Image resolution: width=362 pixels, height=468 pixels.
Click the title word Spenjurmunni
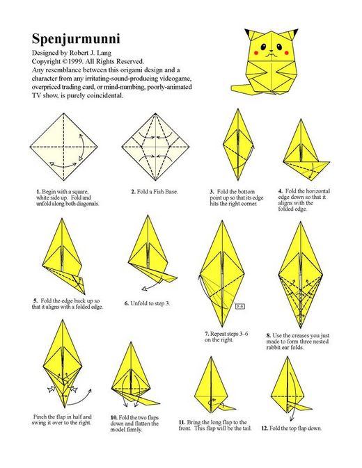[x=76, y=40]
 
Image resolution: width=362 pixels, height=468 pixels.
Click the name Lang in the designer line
[x=105, y=53]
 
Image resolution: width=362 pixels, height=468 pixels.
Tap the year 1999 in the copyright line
[x=76, y=62]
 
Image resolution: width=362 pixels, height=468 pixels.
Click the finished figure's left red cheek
[x=256, y=53]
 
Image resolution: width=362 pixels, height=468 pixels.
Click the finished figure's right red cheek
[x=286, y=53]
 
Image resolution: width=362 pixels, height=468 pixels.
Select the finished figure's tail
[x=242, y=88]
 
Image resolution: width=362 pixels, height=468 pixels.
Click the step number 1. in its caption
[x=38, y=192]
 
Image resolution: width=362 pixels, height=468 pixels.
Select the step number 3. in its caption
[x=212, y=192]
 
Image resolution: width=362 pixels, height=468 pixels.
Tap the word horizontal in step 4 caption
[x=318, y=191]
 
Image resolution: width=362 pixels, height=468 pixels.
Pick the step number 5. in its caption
[x=36, y=301]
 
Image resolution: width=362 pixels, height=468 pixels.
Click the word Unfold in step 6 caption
[x=138, y=304]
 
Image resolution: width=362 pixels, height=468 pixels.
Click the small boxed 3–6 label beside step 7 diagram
[x=240, y=306]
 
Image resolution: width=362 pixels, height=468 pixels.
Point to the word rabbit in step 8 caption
[x=274, y=348]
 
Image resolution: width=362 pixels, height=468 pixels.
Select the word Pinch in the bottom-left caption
[x=40, y=417]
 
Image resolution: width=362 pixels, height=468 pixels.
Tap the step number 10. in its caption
[x=113, y=418]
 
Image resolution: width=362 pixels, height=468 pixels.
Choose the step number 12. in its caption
[x=265, y=428]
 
